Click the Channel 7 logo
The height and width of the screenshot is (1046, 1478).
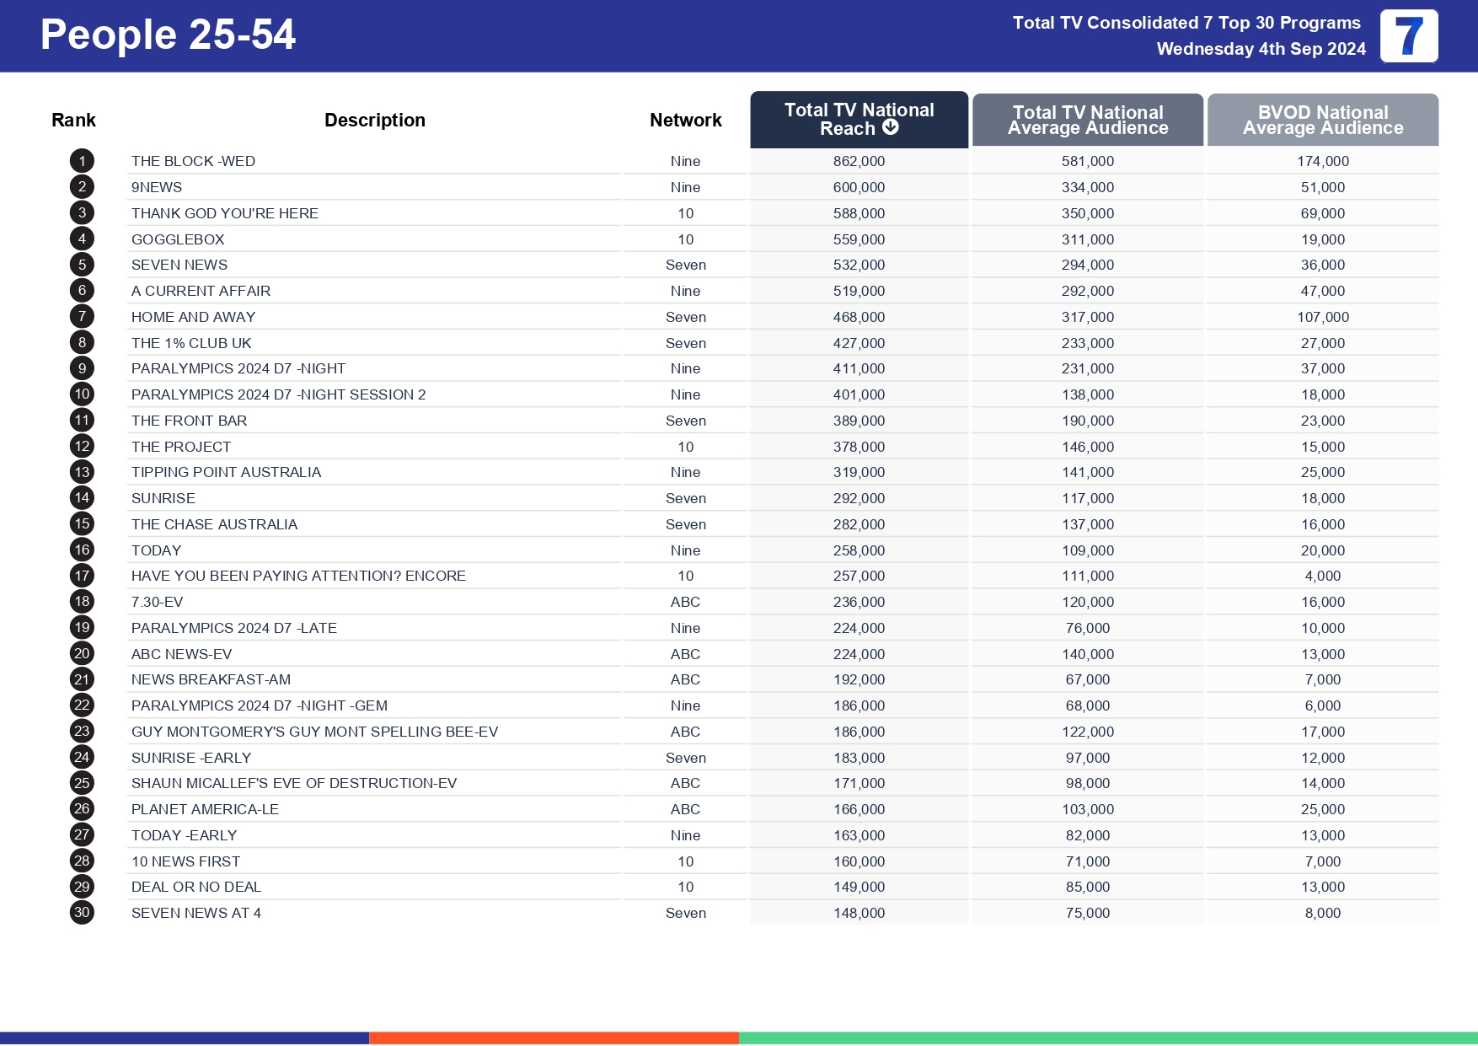pyautogui.click(x=1409, y=36)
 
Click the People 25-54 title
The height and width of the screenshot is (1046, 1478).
pyautogui.click(x=168, y=35)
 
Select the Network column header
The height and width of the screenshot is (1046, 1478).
pyautogui.click(x=685, y=121)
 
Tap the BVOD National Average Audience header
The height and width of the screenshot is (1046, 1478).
pyautogui.click(x=1322, y=120)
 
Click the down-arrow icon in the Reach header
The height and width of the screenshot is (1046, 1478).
pyautogui.click(x=891, y=127)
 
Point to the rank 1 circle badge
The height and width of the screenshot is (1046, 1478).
pyautogui.click(x=82, y=161)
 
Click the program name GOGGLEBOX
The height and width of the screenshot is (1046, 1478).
pyautogui.click(x=178, y=239)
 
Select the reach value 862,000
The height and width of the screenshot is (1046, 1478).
pyautogui.click(x=859, y=161)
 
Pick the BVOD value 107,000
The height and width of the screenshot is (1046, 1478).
pyautogui.click(x=1322, y=317)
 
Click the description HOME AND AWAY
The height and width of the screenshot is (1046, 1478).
pyautogui.click(x=193, y=317)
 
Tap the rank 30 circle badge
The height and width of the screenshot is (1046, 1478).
pyautogui.click(x=82, y=913)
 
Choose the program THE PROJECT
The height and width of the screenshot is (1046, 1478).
pyautogui.click(x=180, y=447)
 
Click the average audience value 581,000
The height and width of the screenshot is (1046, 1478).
pyautogui.click(x=1087, y=161)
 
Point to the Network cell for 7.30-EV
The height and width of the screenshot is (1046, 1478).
pyautogui.click(x=685, y=602)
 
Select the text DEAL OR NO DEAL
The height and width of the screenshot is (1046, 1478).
pyautogui.click(x=195, y=887)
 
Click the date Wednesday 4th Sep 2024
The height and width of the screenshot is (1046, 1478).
pyautogui.click(x=1261, y=49)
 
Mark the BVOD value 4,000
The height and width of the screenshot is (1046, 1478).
pyautogui.click(x=1322, y=576)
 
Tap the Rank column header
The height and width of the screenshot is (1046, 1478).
pyautogui.click(x=73, y=121)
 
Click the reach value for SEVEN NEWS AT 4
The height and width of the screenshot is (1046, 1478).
pyautogui.click(x=859, y=913)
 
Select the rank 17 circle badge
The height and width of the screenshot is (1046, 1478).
pyautogui.click(x=82, y=576)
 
